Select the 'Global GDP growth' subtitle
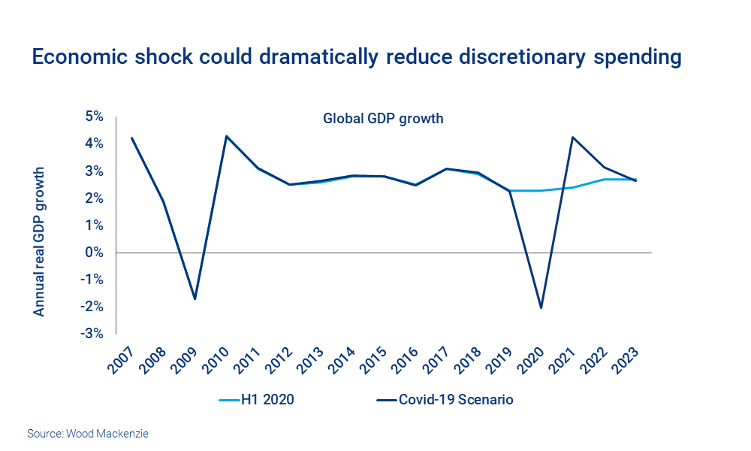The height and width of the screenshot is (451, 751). (383, 118)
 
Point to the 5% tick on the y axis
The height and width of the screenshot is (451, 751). (94, 117)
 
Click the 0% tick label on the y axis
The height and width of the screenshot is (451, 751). (94, 253)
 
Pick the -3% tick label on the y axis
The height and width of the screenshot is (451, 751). (92, 334)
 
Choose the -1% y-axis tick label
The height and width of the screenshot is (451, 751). (92, 280)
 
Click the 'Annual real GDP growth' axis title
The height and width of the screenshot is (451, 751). (39, 241)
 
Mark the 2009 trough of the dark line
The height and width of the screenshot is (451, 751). (195, 298)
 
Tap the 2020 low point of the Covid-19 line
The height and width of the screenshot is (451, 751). (541, 307)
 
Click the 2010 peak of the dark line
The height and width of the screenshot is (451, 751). (227, 137)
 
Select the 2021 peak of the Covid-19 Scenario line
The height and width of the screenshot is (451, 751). (572, 138)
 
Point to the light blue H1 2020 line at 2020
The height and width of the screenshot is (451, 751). (541, 190)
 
